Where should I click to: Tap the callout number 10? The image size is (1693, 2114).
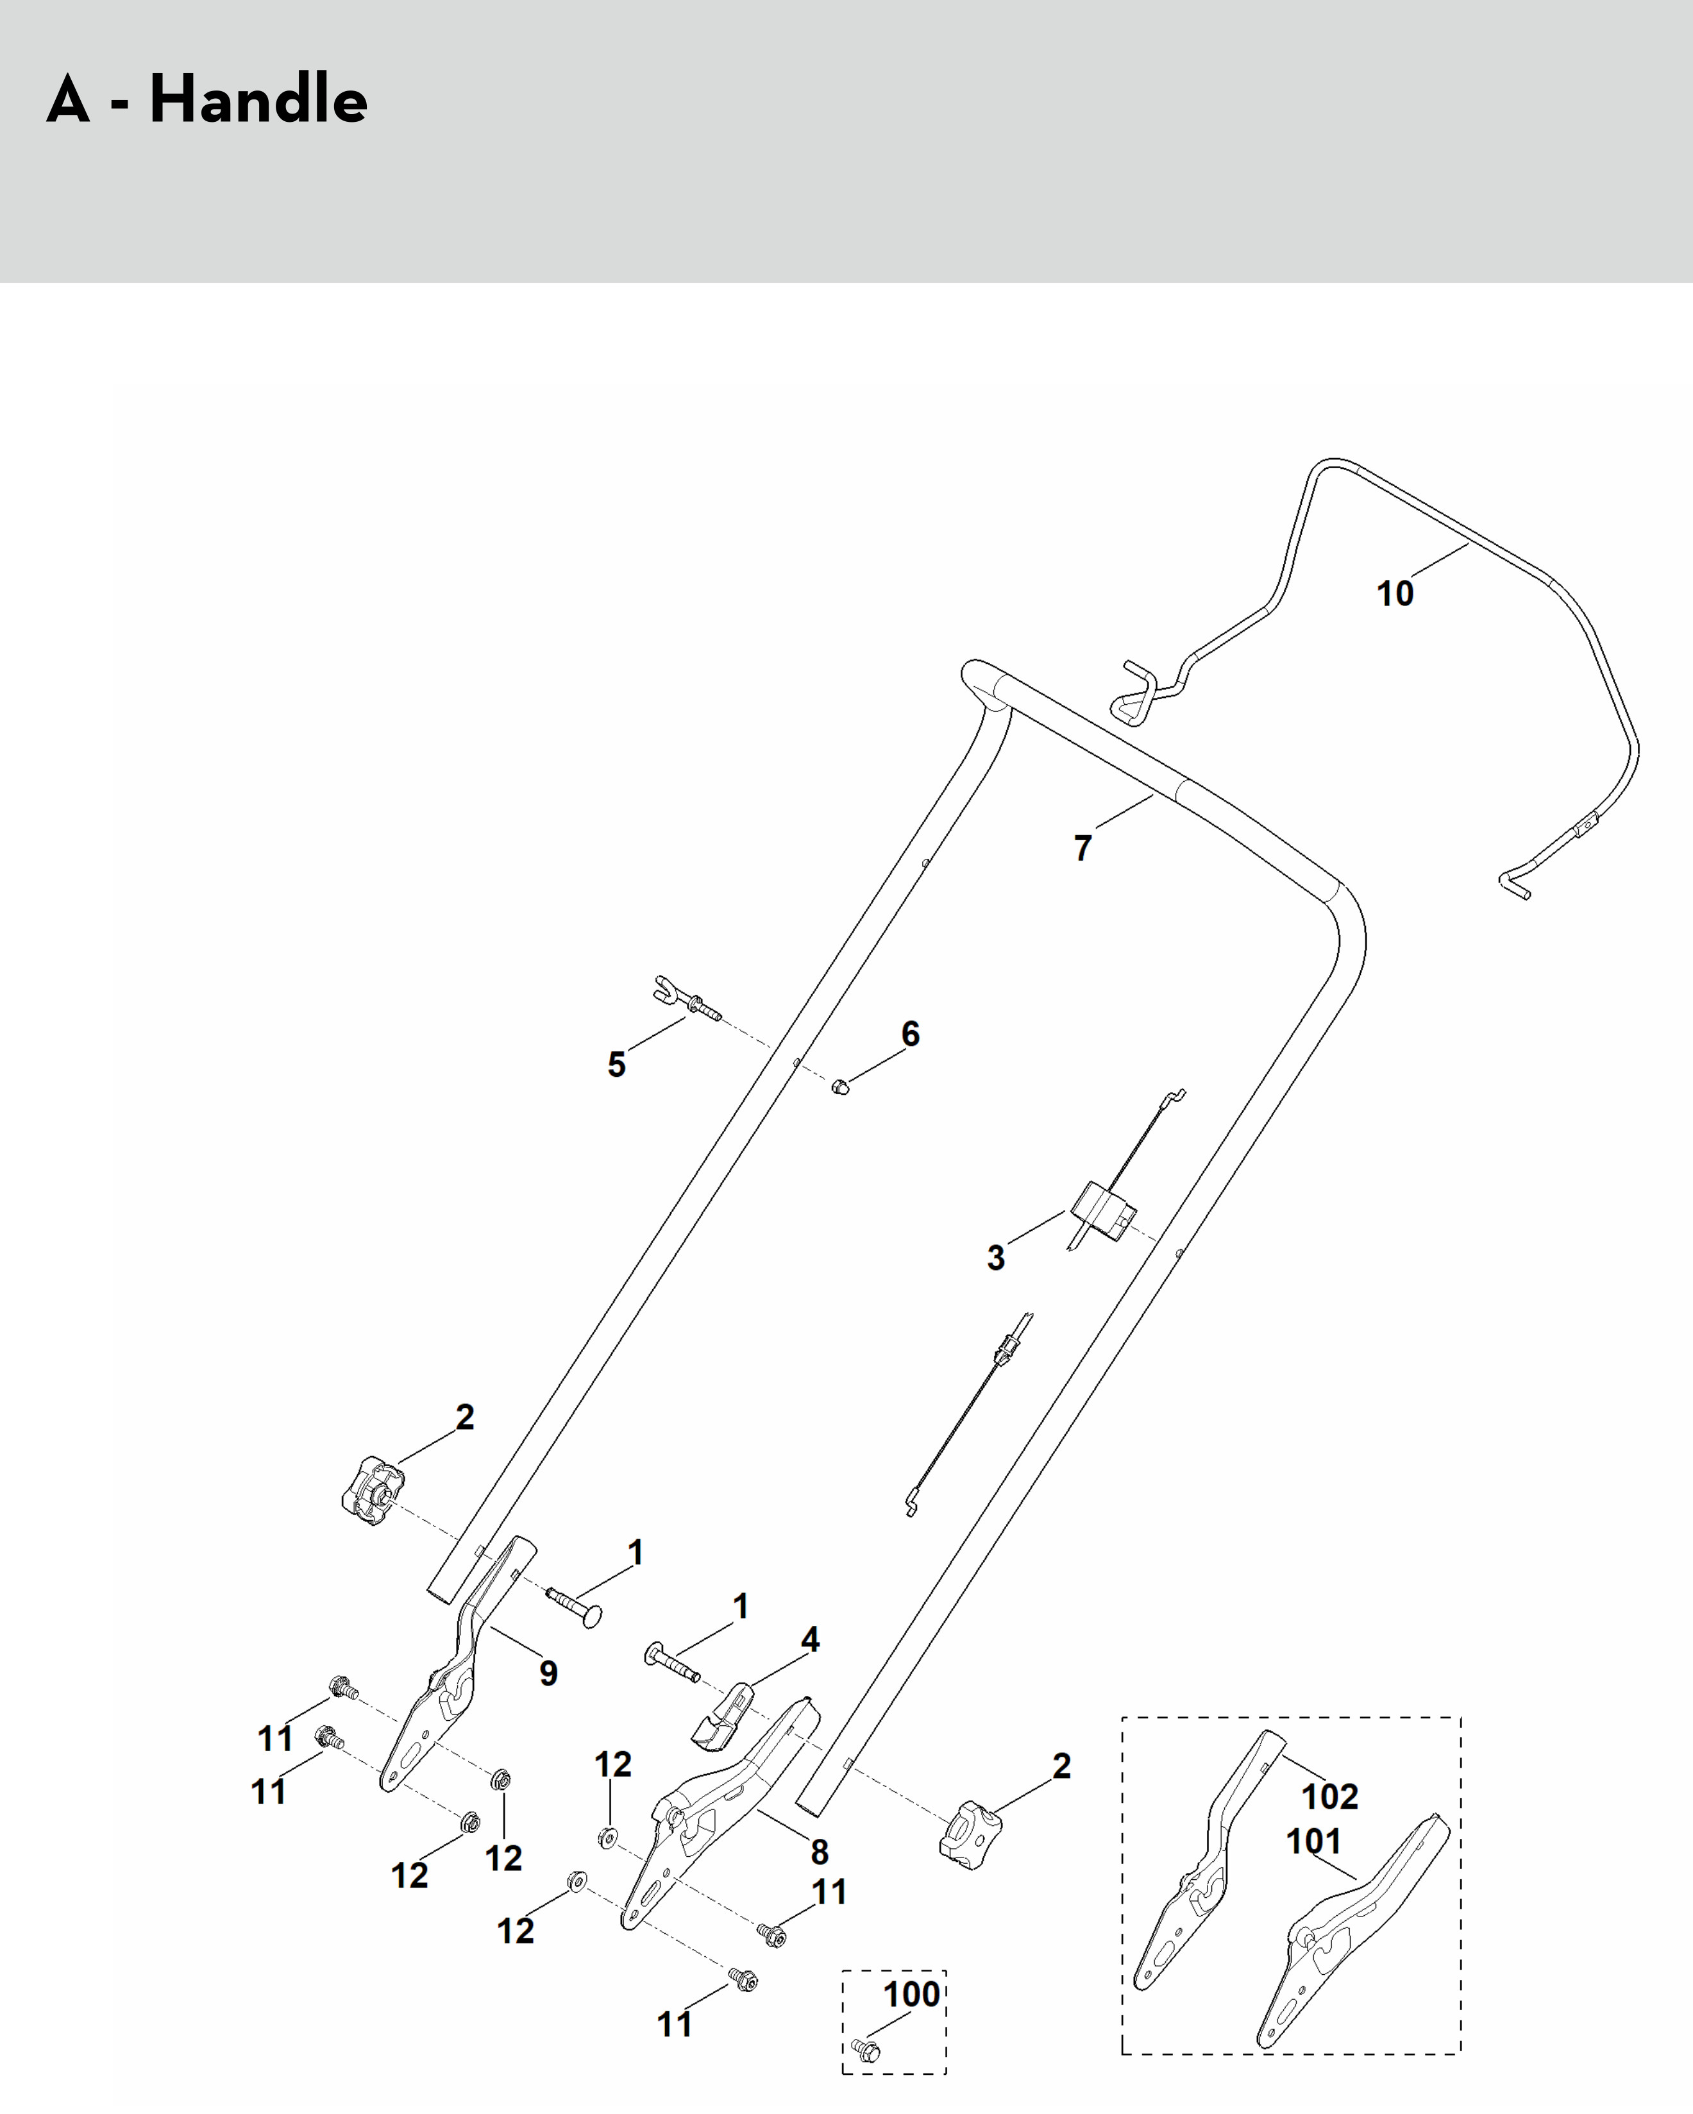1395,593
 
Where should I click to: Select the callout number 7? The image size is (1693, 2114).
1082,848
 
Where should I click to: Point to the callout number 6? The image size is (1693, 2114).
911,1033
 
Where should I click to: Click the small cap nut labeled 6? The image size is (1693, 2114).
840,1087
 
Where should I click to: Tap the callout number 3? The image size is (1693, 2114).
996,1257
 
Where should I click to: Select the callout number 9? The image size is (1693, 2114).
549,1673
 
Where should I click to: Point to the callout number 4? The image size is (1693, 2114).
810,1639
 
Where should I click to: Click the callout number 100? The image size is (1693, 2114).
912,1993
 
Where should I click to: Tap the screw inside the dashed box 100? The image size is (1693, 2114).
866,2049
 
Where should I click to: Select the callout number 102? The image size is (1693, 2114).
1329,1797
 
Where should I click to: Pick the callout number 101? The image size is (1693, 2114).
1313,1841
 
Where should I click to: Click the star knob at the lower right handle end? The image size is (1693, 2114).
970,1834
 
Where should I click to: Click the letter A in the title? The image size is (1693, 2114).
67,101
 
